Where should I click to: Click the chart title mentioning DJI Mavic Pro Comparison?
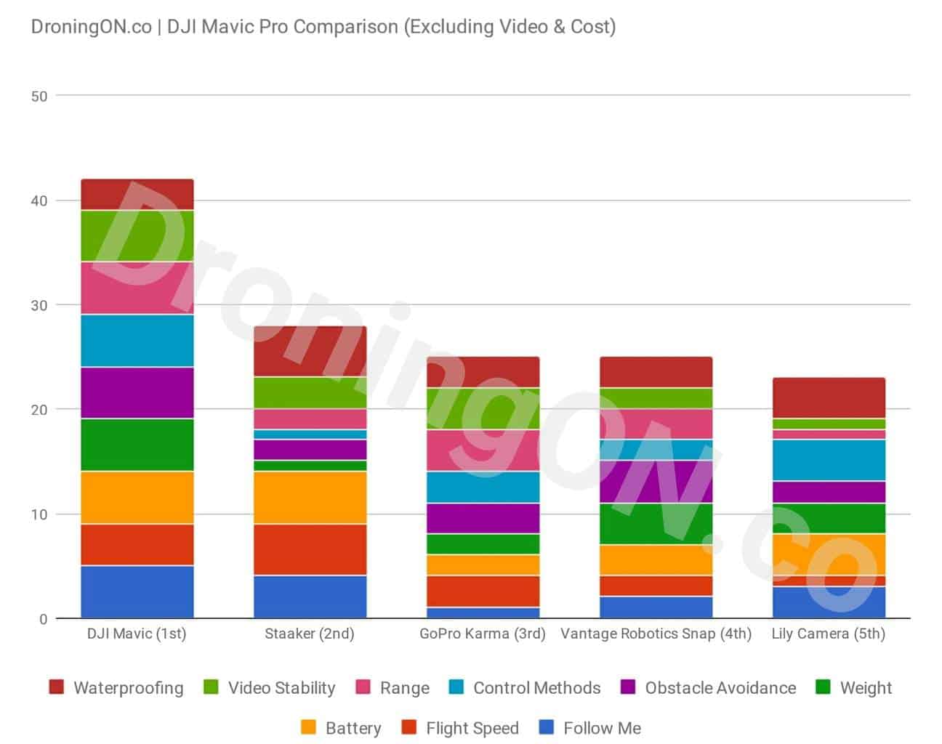pyautogui.click(x=323, y=27)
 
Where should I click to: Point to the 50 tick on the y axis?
pyautogui.click(x=39, y=96)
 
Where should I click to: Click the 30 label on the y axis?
pyautogui.click(x=39, y=305)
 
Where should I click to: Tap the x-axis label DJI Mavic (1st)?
pyautogui.click(x=137, y=634)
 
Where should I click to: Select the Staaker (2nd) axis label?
pyautogui.click(x=310, y=634)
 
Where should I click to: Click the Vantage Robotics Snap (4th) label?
pyautogui.click(x=656, y=634)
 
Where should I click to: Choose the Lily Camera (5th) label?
pyautogui.click(x=829, y=634)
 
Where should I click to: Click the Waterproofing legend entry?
pyautogui.click(x=116, y=688)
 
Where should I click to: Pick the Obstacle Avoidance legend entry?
pyautogui.click(x=709, y=688)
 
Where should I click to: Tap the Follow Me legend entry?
pyautogui.click(x=590, y=728)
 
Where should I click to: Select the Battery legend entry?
pyautogui.click(x=341, y=728)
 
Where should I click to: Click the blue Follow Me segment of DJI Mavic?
pyautogui.click(x=137, y=591)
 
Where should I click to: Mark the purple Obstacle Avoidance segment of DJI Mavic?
pyautogui.click(x=137, y=393)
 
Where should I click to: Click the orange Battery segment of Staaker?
pyautogui.click(x=310, y=498)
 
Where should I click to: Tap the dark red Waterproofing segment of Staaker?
pyautogui.click(x=310, y=352)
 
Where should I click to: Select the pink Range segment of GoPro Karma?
pyautogui.click(x=483, y=450)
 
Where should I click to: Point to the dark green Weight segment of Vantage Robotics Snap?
pyautogui.click(x=656, y=523)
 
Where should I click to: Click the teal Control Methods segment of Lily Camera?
pyautogui.click(x=829, y=461)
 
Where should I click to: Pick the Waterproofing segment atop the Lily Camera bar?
pyautogui.click(x=829, y=398)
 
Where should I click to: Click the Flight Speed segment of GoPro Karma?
pyautogui.click(x=483, y=591)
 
